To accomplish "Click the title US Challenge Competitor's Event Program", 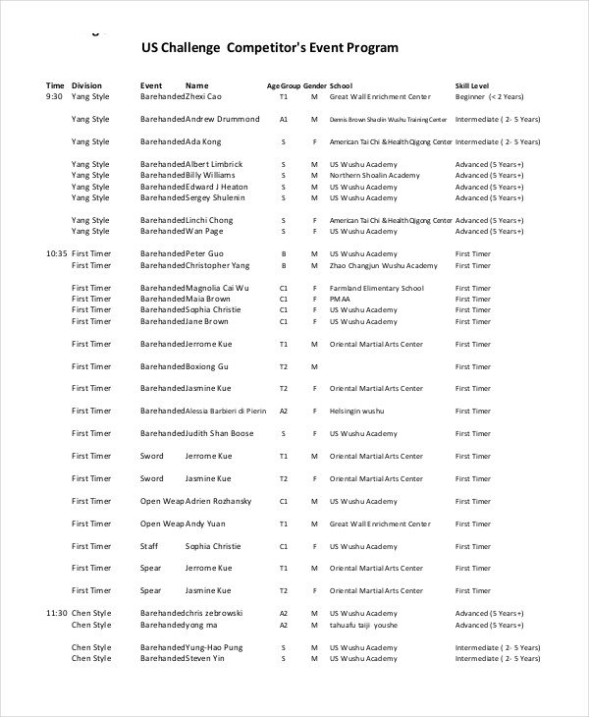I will pyautogui.click(x=270, y=47).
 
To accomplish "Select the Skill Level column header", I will pyautogui.click(x=472, y=85).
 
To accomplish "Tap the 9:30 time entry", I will pyautogui.click(x=54, y=97).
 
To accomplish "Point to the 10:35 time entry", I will pyautogui.click(x=56, y=253).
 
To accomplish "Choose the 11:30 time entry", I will pyautogui.click(x=56, y=613).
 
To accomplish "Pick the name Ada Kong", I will pyautogui.click(x=205, y=141).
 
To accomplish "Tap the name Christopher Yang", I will pyautogui.click(x=218, y=265).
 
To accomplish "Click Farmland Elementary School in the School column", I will pyautogui.click(x=376, y=288).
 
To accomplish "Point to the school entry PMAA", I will pyautogui.click(x=340, y=299).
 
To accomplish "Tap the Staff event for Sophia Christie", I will pyautogui.click(x=149, y=546).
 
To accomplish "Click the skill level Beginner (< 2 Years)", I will pyautogui.click(x=489, y=97).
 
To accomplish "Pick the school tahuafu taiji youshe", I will pyautogui.click(x=363, y=625).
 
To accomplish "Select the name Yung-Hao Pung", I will pyautogui.click(x=215, y=647).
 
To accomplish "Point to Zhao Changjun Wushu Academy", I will pyautogui.click(x=383, y=265).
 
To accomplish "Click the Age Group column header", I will pyautogui.click(x=283, y=85).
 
